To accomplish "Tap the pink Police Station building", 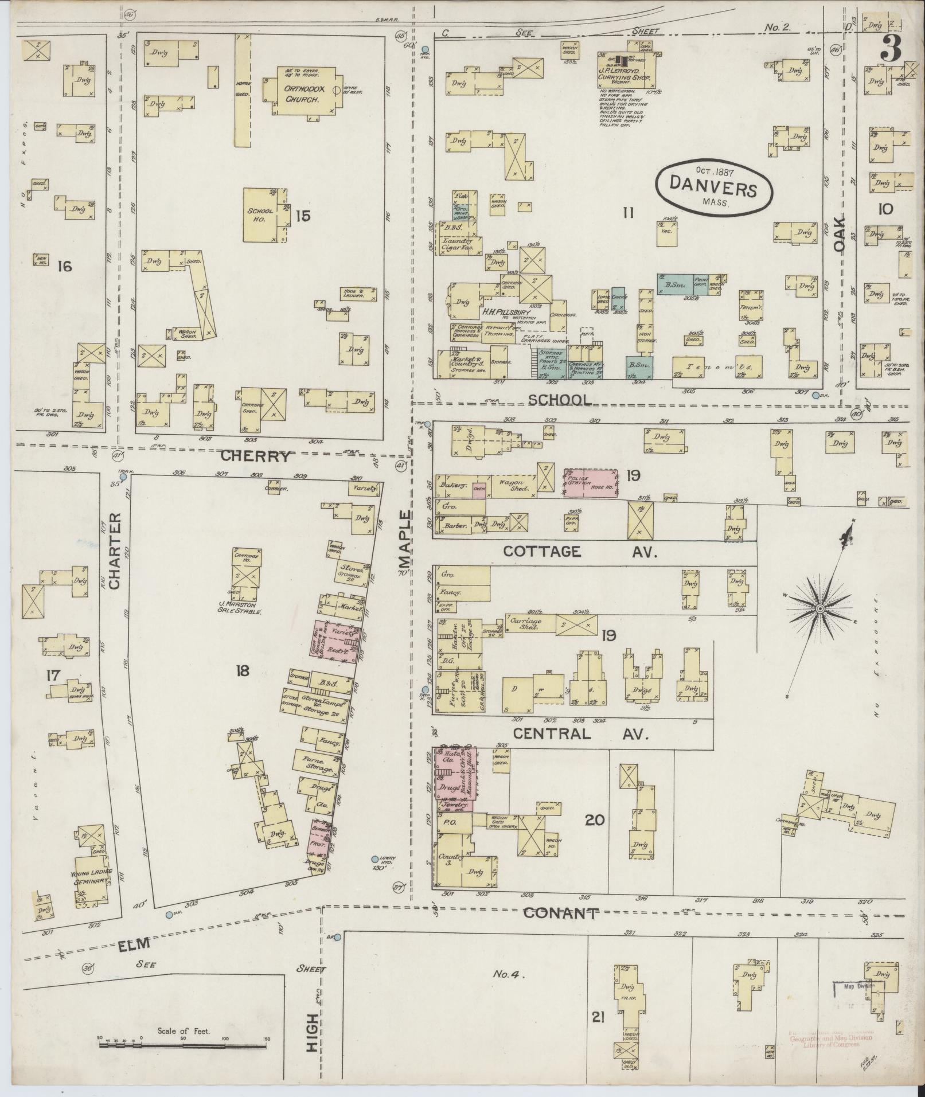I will [591, 482].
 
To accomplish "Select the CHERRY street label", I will [256, 456].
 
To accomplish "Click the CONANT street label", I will [561, 913].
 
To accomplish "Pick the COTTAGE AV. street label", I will [579, 552].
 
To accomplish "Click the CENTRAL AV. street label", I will [580, 734].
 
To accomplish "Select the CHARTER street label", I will [114, 551].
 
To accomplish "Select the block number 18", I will [242, 670].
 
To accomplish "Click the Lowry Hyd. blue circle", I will [375, 859].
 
